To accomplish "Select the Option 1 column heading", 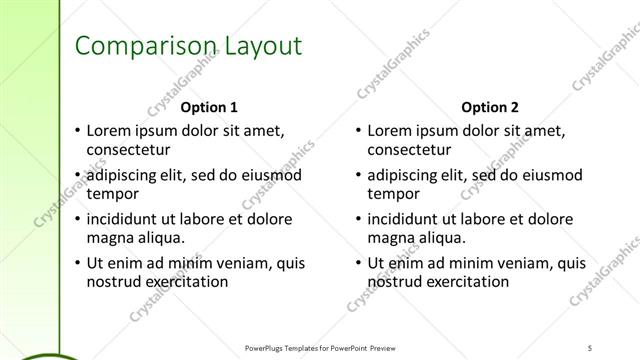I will point(209,107).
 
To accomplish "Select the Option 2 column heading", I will point(490,107).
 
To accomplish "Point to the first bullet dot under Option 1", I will point(77,131).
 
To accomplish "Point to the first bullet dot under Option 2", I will point(358,131).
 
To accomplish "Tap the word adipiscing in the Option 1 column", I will point(124,175).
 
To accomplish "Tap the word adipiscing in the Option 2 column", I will point(405,175).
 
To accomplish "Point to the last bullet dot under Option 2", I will point(358,263).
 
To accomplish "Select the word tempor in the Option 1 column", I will point(111,194).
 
